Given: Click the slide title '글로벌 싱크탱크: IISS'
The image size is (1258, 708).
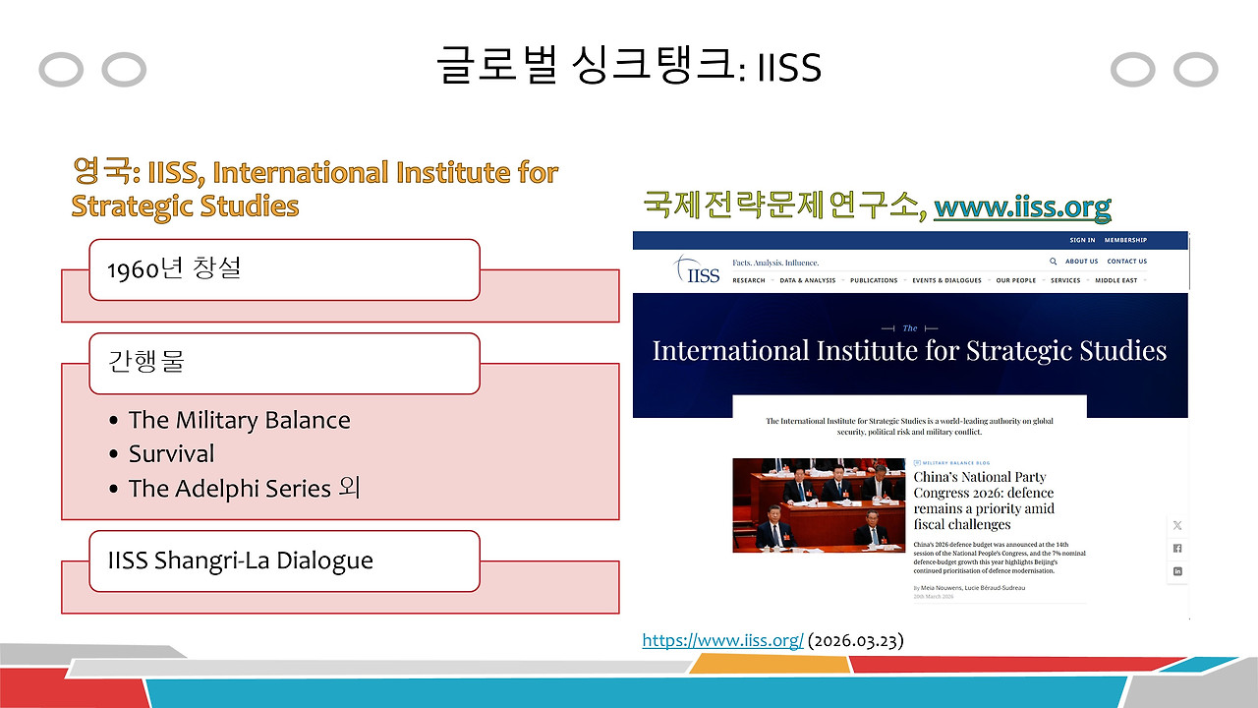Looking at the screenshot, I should tap(629, 67).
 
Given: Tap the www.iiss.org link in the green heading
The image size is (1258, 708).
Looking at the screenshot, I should tap(1022, 206).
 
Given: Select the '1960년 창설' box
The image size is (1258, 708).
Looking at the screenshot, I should tap(284, 269).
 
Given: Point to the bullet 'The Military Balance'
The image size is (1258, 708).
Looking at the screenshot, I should tap(239, 420).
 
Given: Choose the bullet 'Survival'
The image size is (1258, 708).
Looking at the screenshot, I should tap(171, 454).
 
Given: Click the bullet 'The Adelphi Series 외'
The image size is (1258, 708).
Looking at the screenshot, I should tap(244, 488).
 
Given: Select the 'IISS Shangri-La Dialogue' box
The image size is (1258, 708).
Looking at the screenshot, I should tap(284, 561).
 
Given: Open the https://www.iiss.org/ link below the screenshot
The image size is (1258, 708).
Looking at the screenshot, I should tap(722, 640).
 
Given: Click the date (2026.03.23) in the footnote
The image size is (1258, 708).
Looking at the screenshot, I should tap(855, 640).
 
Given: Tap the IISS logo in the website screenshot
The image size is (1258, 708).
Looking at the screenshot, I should tap(697, 269).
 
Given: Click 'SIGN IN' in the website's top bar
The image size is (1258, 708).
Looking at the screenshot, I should tap(1082, 240).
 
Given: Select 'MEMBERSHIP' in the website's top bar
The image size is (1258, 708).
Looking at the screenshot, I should tap(1125, 240).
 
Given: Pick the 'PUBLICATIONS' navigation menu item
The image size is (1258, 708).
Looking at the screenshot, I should tap(874, 280).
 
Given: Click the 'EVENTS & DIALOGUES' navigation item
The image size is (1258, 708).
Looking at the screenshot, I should tap(946, 280).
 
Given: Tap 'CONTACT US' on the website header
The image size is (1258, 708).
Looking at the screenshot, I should tap(1126, 262).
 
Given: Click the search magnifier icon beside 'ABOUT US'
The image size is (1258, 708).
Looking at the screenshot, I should tap(1054, 262).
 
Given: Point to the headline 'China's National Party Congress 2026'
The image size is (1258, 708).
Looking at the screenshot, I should tap(983, 501).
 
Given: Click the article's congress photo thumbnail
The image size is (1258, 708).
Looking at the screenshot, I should tap(819, 504).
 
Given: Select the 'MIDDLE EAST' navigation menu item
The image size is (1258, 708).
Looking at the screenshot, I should tap(1115, 280).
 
